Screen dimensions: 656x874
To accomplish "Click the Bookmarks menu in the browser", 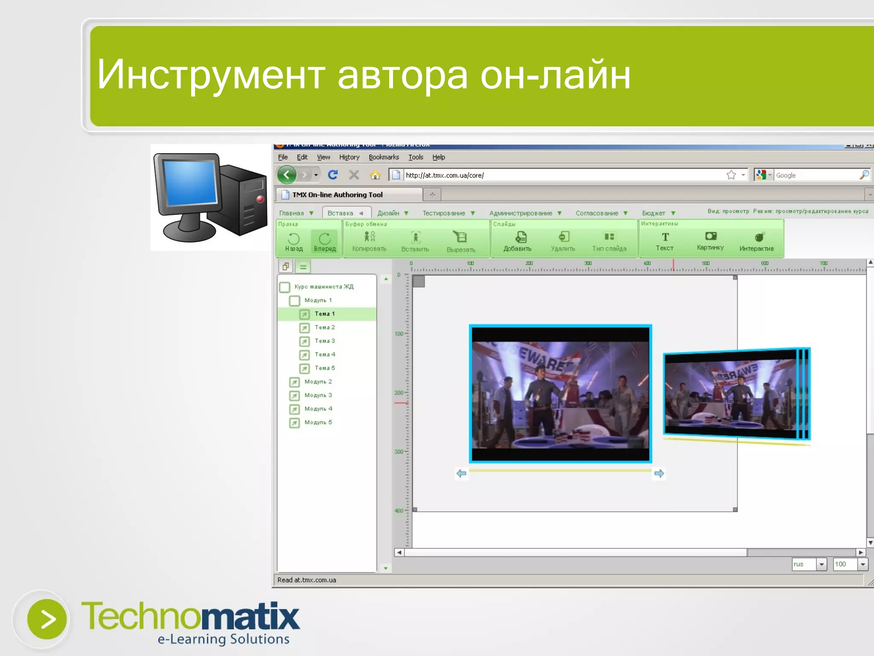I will click(384, 157).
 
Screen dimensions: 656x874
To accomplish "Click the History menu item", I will click(349, 157).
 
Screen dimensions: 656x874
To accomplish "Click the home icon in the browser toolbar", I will click(375, 175).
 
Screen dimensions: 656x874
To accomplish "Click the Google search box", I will click(815, 175).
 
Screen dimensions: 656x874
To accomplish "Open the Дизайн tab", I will click(388, 213).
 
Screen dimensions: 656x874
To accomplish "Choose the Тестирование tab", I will click(444, 213).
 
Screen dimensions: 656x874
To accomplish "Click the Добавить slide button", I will click(517, 241).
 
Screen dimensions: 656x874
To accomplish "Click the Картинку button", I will click(710, 241).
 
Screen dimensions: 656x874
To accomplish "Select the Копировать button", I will click(369, 241).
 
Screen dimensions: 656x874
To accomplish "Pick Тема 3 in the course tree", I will click(325, 341).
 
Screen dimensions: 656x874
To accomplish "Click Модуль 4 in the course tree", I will click(318, 409).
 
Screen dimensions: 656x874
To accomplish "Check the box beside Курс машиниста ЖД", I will click(285, 287).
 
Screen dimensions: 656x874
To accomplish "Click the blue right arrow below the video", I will click(659, 473).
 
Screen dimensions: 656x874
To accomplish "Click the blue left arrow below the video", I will click(461, 473).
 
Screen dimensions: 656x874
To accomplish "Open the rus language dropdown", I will click(822, 564).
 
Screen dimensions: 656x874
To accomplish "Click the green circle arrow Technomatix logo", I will click(47, 619).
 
